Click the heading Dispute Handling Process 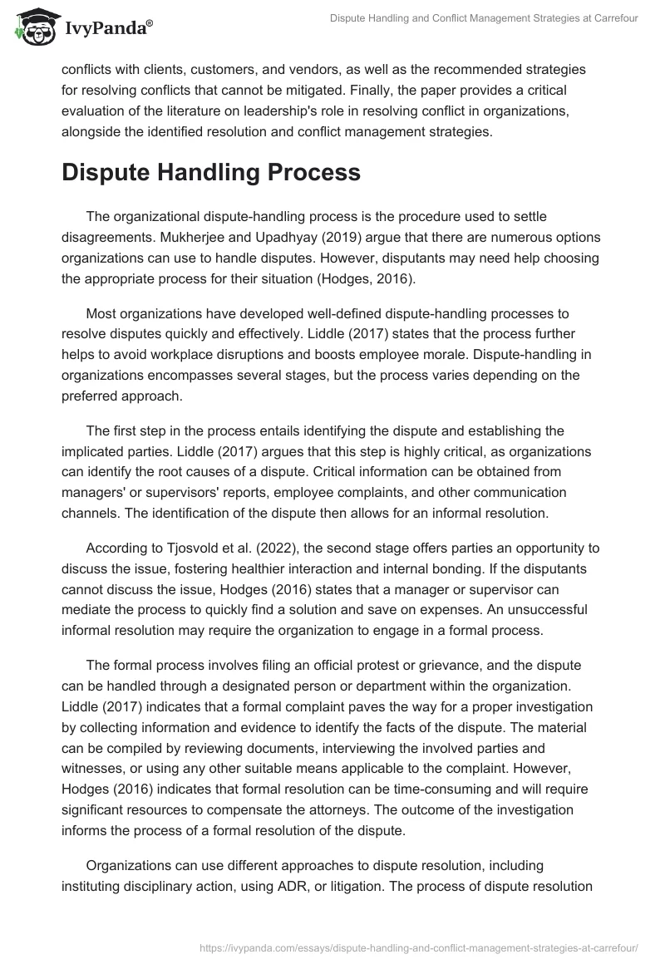pyautogui.click(x=211, y=172)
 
